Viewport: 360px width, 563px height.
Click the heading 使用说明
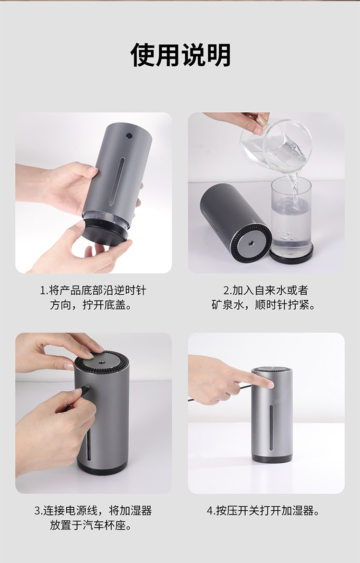pos(180,55)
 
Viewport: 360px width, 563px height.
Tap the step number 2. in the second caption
pos(228,290)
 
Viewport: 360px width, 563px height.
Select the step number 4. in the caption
pos(211,511)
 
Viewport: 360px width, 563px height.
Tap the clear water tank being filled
pos(291,220)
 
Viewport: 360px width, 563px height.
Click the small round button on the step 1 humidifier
pos(129,136)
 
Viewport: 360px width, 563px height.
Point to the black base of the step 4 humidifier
pos(272,458)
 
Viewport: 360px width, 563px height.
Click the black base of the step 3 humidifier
pos(102,468)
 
